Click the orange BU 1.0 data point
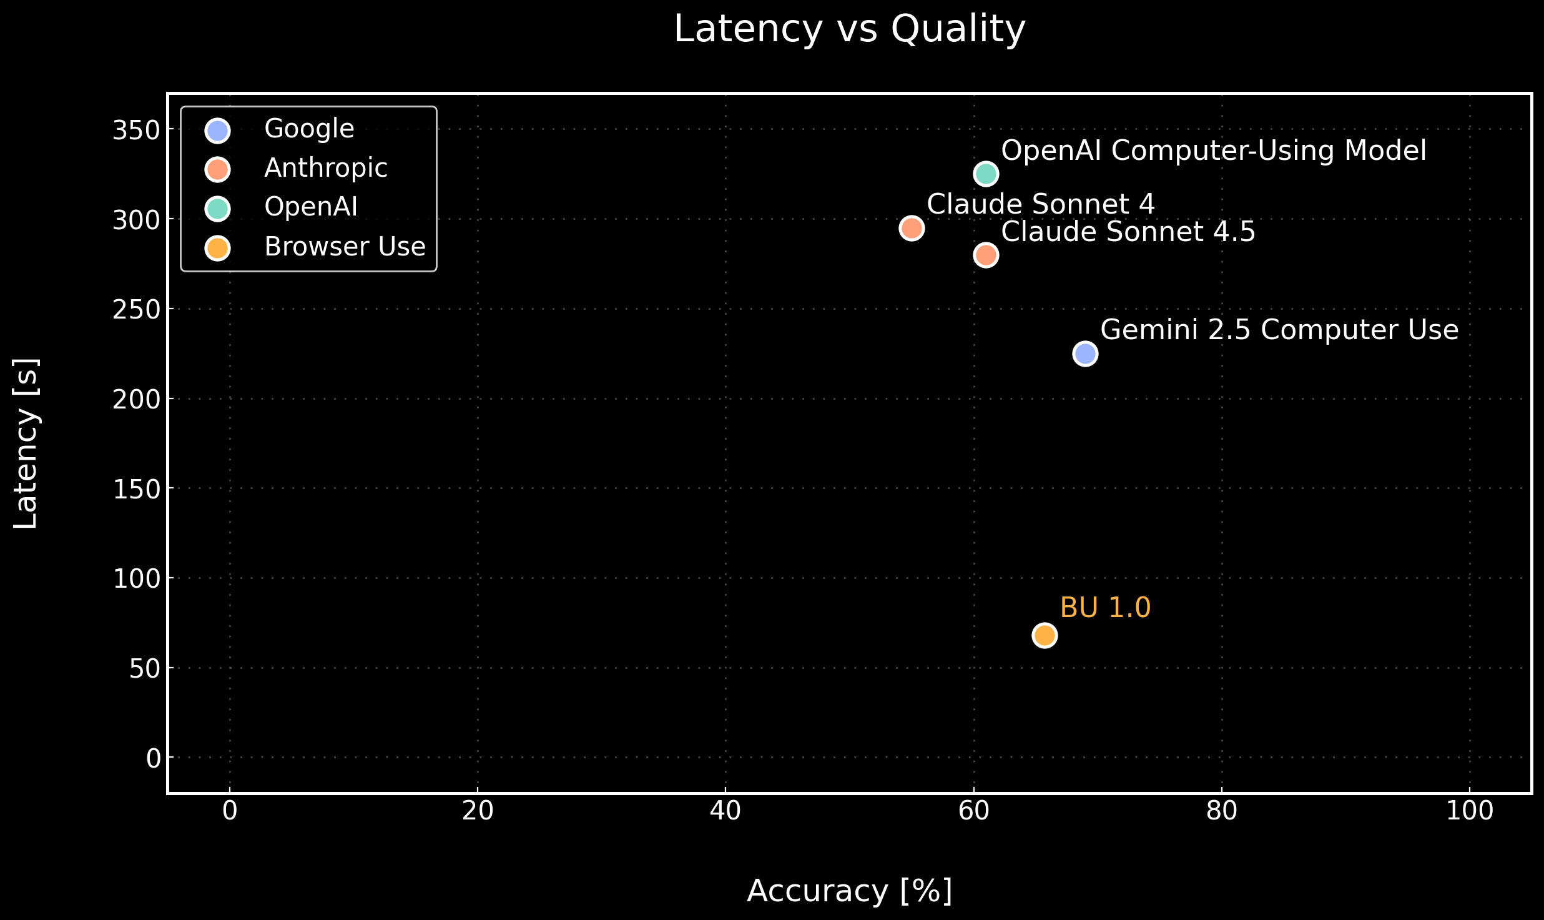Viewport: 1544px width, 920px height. pyautogui.click(x=1045, y=636)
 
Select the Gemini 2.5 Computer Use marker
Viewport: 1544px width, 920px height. pyautogui.click(x=1085, y=354)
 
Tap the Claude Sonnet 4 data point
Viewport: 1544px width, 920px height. pyautogui.click(x=912, y=228)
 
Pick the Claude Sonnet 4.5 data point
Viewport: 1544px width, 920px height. pyautogui.click(x=986, y=255)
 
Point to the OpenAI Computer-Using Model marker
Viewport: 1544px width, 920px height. pyautogui.click(x=986, y=174)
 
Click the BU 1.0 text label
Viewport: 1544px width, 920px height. pyautogui.click(x=1105, y=608)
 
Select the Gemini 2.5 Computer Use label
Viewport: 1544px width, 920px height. pyautogui.click(x=1279, y=330)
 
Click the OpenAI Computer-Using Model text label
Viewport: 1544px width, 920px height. pyautogui.click(x=1214, y=151)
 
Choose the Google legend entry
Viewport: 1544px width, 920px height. pyautogui.click(x=309, y=129)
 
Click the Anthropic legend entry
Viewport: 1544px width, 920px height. pyautogui.click(x=325, y=169)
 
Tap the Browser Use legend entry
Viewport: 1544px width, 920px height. pyautogui.click(x=345, y=247)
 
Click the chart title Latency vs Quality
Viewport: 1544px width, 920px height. pyautogui.click(x=849, y=29)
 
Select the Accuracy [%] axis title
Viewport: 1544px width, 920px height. pyautogui.click(x=849, y=891)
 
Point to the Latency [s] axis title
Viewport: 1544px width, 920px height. pyautogui.click(x=26, y=443)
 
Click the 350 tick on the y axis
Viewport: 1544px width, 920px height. pyautogui.click(x=135, y=131)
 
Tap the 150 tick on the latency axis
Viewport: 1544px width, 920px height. pyautogui.click(x=135, y=489)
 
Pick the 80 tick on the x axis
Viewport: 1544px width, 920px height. pyautogui.click(x=1221, y=811)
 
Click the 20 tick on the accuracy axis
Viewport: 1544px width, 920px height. pyautogui.click(x=478, y=811)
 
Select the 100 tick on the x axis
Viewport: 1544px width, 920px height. pyautogui.click(x=1469, y=811)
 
